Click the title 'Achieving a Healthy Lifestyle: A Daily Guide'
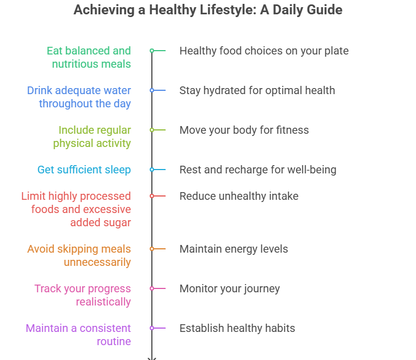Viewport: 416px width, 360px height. pos(208,10)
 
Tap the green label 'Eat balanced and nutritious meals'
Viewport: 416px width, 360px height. pos(89,57)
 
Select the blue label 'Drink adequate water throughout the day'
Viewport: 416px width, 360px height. pos(79,97)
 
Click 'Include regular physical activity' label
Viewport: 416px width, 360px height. pos(92,137)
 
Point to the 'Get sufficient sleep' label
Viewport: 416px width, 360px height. pos(84,170)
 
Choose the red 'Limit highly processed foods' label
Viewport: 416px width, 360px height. pos(76,209)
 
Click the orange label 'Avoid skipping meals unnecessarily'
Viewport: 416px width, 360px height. pos(79,255)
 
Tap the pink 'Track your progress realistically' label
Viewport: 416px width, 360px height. pos(83,295)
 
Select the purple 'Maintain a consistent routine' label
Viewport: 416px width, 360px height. pos(78,335)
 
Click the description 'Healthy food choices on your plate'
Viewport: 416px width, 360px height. pos(264,51)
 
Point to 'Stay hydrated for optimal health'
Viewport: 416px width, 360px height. pos(257,90)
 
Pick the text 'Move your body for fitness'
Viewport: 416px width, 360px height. pos(244,130)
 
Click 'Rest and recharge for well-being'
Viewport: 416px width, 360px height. pos(258,170)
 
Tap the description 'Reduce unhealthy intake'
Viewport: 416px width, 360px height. pos(239,196)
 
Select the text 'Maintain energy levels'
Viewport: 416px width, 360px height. pos(233,249)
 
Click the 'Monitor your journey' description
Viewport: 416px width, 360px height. pos(229,288)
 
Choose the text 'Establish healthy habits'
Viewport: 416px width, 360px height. pos(237,328)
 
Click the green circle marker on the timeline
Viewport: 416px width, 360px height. pos(152,51)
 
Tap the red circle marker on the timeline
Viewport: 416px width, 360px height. pos(152,196)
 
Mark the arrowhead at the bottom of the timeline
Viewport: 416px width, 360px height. pos(152,358)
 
